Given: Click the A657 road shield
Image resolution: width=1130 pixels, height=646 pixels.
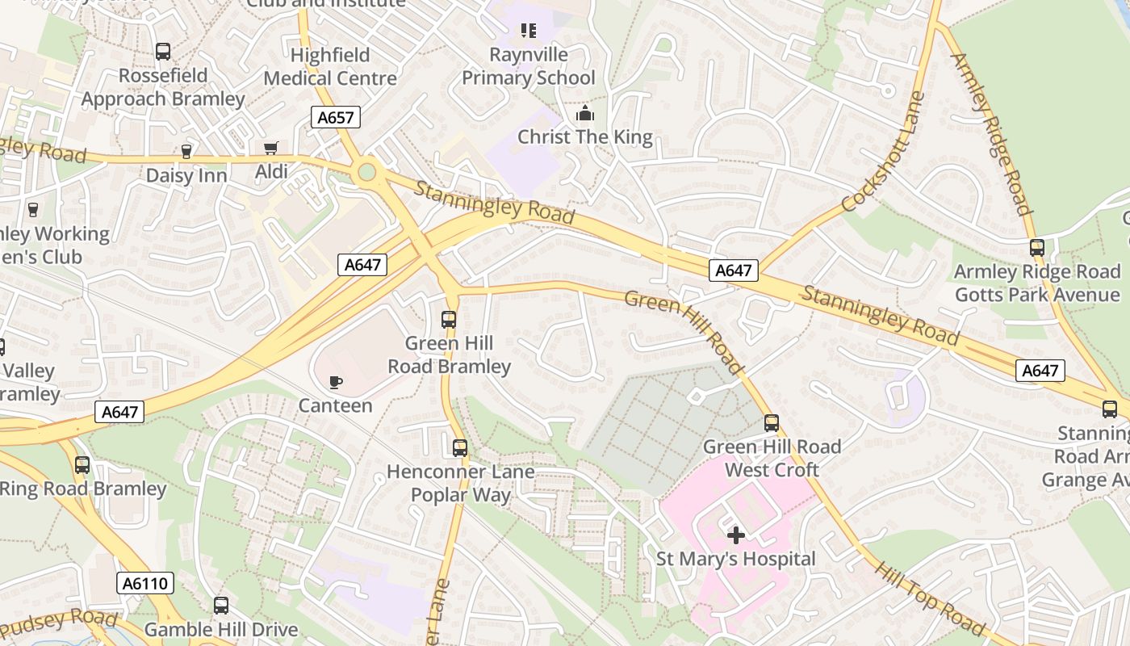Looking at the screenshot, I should pos(335,117).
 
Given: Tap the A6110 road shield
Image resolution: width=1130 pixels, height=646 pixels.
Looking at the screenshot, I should pos(145,583).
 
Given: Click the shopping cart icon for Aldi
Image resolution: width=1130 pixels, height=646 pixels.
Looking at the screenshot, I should pos(271,149).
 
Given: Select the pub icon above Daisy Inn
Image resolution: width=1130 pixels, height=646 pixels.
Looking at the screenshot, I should pos(186,152).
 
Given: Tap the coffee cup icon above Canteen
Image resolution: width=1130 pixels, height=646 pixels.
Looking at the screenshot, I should pos(336,382).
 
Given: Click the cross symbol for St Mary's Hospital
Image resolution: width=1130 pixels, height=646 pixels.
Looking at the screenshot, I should pos(735,535).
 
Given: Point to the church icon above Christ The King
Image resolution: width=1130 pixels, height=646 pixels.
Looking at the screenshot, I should pos(585,113).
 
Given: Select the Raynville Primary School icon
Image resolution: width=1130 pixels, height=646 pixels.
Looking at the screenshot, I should pos(528,31).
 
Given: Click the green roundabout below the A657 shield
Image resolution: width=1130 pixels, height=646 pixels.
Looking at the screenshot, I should pos(367,172).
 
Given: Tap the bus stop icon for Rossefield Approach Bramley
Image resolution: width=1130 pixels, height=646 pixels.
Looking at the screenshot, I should pos(163,52).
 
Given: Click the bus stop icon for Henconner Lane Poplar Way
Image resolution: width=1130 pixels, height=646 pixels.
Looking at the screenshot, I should pos(459,447).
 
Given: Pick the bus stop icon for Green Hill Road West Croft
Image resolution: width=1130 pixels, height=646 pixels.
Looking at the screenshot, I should pos(772,423).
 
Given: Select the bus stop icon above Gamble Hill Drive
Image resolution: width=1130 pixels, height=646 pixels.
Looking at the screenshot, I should pos(221,606).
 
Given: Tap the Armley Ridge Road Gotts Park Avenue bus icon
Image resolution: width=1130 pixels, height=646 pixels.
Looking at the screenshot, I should pos(1037,248).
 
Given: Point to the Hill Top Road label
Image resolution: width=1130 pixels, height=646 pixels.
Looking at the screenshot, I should pos(930,598).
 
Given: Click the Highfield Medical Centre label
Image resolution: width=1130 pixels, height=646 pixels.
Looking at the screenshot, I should pos(330,67).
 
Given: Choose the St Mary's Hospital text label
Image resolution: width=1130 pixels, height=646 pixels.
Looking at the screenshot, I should pos(735,559).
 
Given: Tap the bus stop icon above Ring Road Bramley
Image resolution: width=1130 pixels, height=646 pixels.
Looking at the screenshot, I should pos(82,465).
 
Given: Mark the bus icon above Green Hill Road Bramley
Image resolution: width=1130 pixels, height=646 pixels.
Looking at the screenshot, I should pos(449,320).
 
